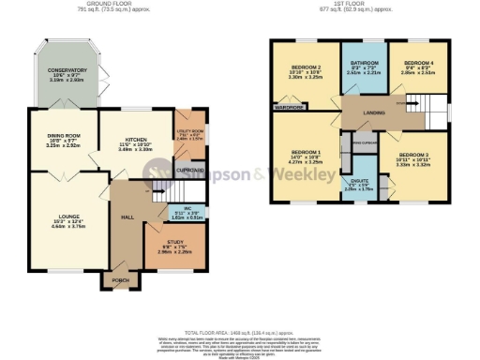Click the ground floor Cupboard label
click(189, 171)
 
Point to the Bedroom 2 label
click(306, 68)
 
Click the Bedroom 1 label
click(306, 153)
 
